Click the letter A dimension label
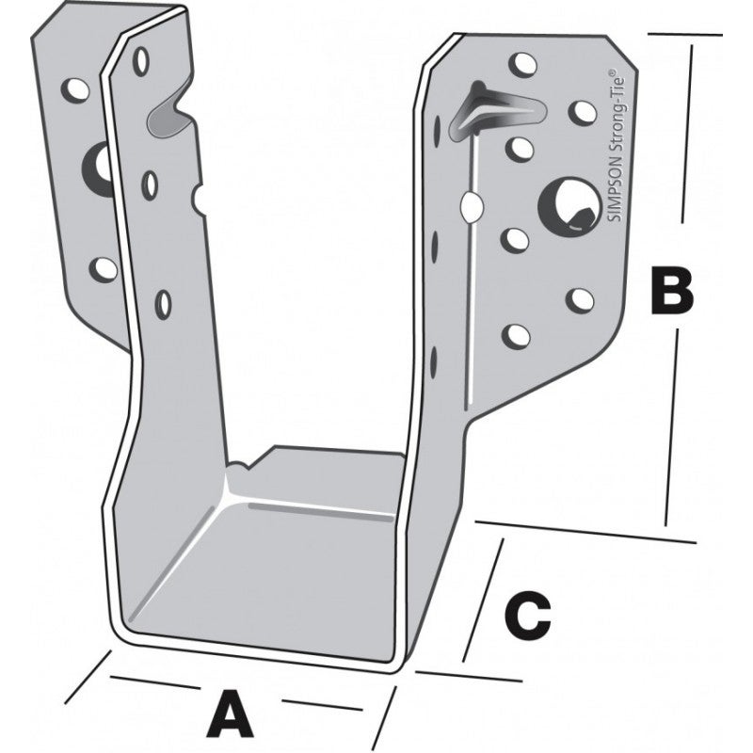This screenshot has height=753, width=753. point(230,713)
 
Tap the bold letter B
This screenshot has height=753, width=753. point(672,292)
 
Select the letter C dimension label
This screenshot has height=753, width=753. point(528,617)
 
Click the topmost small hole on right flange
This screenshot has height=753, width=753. point(523,65)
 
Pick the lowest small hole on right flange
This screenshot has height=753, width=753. point(516,336)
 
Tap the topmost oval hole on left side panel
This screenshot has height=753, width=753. point(140,61)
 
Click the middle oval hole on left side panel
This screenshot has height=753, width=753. point(151,184)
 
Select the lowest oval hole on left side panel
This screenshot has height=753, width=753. point(163,303)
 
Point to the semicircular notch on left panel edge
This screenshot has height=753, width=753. point(199,197)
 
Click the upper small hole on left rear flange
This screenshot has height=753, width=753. point(76,90)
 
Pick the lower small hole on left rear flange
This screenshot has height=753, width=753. point(104,269)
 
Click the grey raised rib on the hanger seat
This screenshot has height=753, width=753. point(320,511)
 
